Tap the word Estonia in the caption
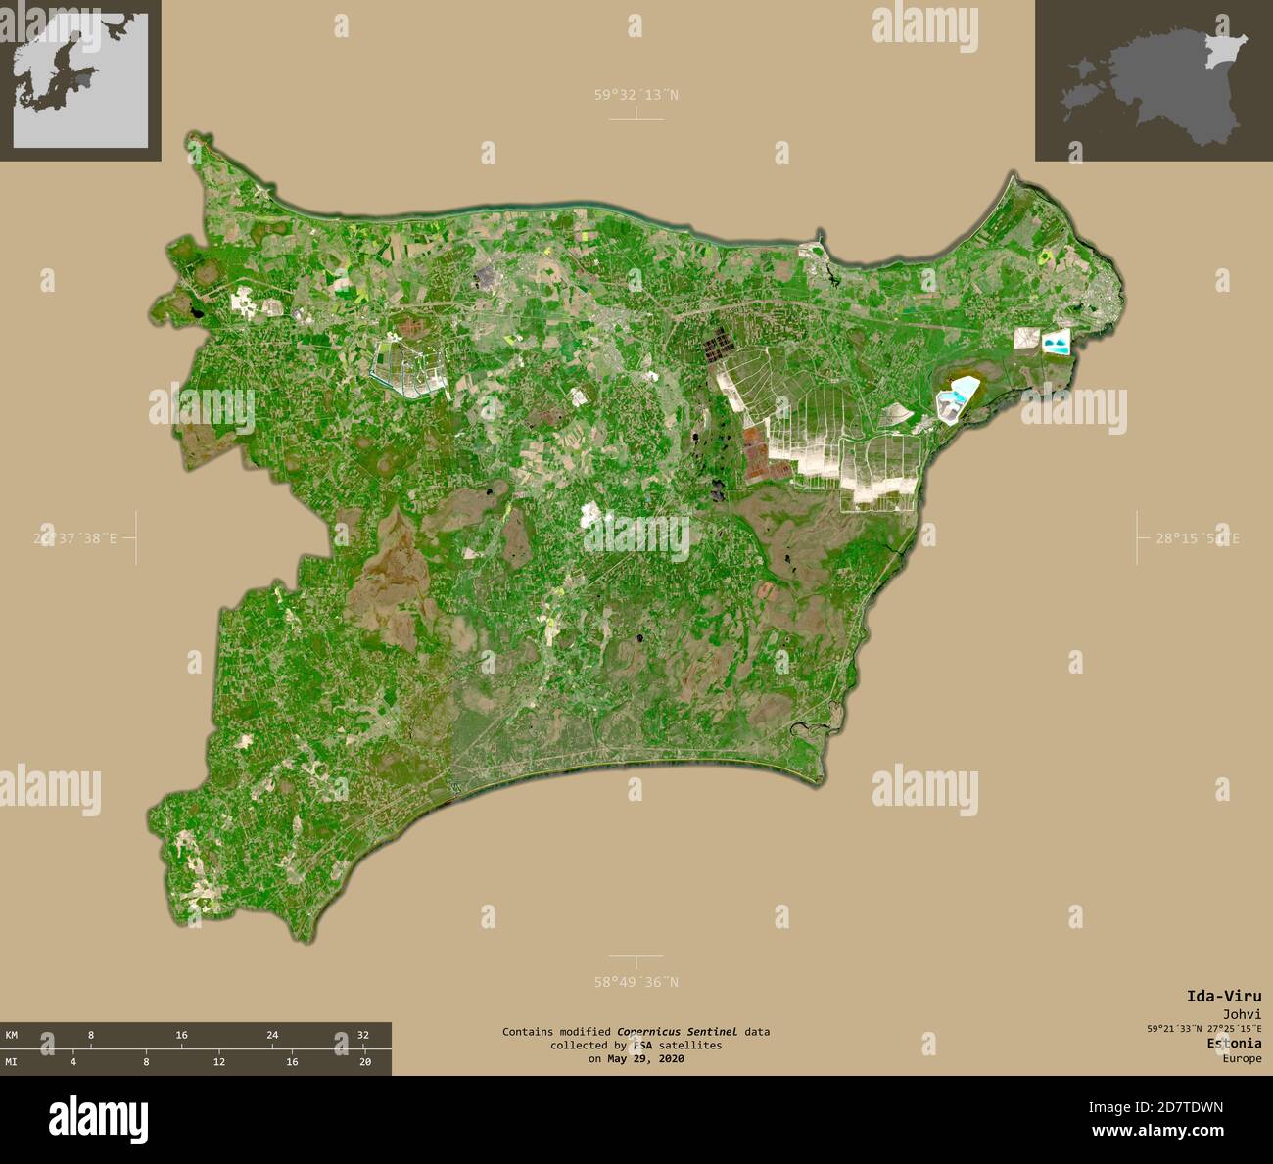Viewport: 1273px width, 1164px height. click(x=1234, y=1044)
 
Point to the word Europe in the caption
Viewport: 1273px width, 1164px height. click(x=1242, y=1058)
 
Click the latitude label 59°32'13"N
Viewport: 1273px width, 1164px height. click(x=636, y=95)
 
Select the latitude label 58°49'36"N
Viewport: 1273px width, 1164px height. click(x=636, y=982)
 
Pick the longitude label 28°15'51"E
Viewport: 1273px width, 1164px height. click(x=1197, y=537)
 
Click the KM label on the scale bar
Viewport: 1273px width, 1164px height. click(x=12, y=1035)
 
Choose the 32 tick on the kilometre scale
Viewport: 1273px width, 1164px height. click(x=362, y=1035)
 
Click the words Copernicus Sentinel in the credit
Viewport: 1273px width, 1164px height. click(x=677, y=1032)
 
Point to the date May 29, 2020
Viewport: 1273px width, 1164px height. click(x=645, y=1058)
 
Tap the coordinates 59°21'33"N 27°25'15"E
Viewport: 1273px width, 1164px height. click(x=1204, y=1028)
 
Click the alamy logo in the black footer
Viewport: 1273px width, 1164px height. click(x=99, y=1118)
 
